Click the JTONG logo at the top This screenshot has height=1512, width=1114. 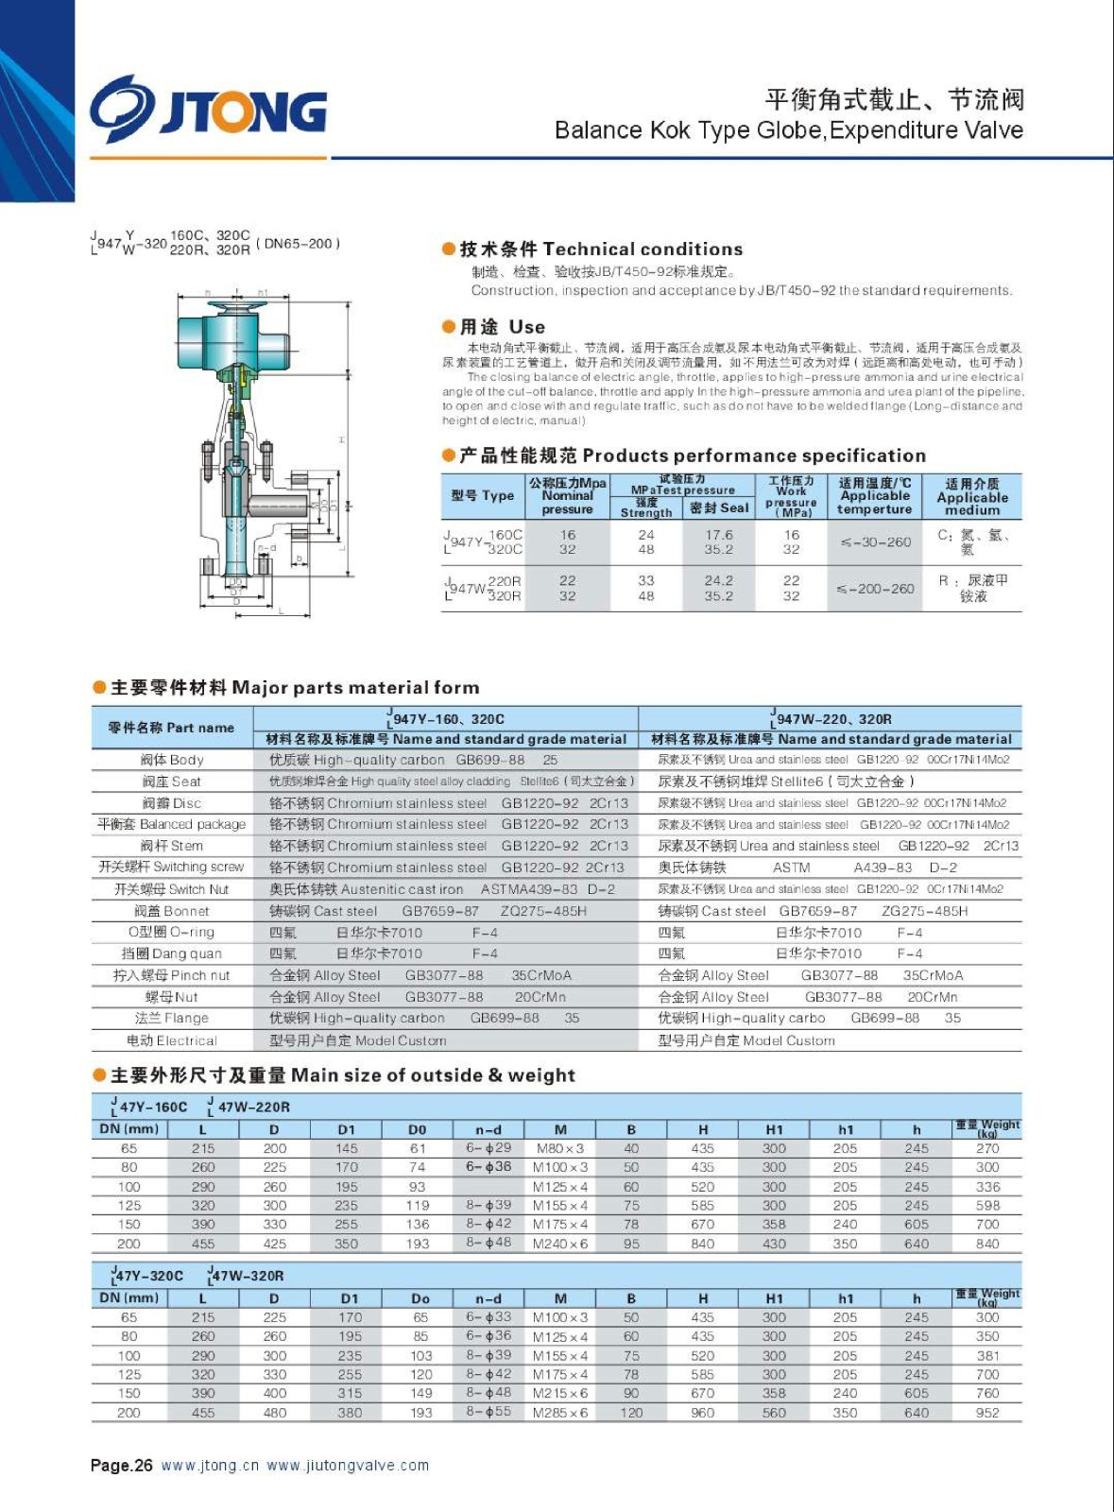click(209, 110)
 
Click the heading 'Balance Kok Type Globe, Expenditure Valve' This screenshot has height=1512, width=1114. click(788, 130)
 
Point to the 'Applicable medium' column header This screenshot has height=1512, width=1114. click(971, 496)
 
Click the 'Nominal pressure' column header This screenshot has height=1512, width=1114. click(567, 496)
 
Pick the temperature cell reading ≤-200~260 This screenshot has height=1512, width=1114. click(875, 589)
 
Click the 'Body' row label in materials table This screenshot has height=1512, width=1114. click(172, 760)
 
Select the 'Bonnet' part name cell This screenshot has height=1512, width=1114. click(172, 911)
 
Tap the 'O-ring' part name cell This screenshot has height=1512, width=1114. click(172, 932)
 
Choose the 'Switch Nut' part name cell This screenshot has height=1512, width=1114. click(172, 889)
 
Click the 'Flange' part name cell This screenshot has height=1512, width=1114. click(172, 1018)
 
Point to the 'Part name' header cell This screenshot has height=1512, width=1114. click(171, 728)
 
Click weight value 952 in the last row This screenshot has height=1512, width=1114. click(987, 1413)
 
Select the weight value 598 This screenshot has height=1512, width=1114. click(987, 1206)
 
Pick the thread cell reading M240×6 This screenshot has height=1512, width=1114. click(560, 1244)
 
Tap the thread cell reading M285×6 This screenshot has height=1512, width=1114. click(560, 1413)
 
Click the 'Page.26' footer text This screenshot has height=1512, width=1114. click(121, 1466)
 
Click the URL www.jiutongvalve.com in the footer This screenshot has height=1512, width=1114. click(348, 1466)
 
